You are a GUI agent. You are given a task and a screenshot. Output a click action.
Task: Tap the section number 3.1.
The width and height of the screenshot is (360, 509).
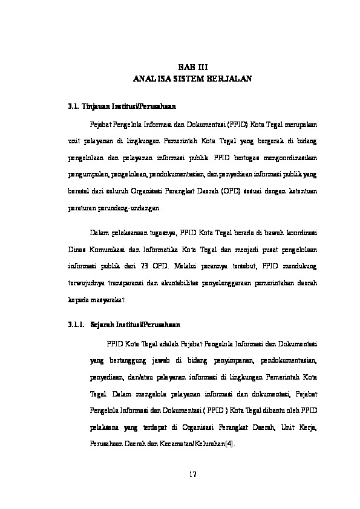pos(74,107)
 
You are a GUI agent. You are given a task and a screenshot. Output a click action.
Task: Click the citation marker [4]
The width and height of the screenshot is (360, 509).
pos(227,442)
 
